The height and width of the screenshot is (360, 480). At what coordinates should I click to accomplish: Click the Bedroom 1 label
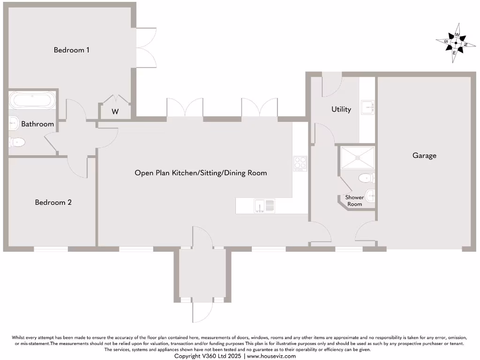[x=72, y=50]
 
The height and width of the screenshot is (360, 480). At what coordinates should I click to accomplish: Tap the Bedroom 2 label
[x=53, y=202]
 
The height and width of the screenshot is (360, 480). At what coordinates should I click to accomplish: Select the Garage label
[x=424, y=156]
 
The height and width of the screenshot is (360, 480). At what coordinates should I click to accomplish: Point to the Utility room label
[x=341, y=109]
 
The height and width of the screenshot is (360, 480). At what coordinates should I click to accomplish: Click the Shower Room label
[x=354, y=201]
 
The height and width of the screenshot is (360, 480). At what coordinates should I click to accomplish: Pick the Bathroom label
[x=37, y=124]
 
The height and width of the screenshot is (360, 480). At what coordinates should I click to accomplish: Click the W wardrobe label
[x=115, y=112]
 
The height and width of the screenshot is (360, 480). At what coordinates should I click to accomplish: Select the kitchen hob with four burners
[x=300, y=163]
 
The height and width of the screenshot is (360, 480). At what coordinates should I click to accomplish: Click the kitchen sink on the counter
[x=264, y=205]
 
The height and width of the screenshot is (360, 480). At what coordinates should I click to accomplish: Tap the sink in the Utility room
[x=368, y=107]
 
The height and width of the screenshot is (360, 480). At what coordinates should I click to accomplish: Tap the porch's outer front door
[x=202, y=310]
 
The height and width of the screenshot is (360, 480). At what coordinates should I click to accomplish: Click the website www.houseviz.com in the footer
[x=271, y=356]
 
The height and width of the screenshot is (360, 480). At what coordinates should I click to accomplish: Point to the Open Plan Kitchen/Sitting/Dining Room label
[x=201, y=173]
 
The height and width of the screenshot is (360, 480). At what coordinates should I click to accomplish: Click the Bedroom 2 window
[x=51, y=248]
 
